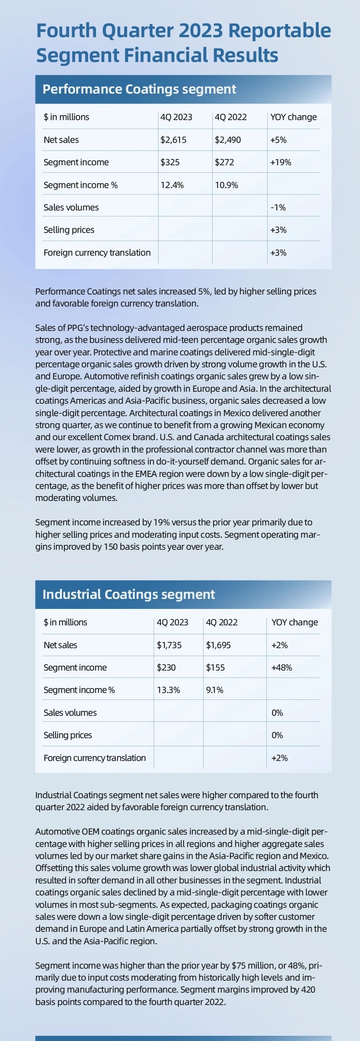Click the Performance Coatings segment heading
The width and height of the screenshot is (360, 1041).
pyautogui.click(x=139, y=89)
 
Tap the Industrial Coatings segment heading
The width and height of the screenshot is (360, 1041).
pyautogui.click(x=128, y=594)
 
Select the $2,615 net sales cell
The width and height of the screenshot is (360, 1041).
pyautogui.click(x=173, y=140)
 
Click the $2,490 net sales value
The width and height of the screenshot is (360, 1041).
pyautogui.click(x=228, y=140)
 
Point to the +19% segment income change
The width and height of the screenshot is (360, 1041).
pyautogui.click(x=280, y=162)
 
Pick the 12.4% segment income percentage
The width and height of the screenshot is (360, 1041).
pyautogui.click(x=172, y=185)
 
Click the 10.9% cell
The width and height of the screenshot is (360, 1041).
pyautogui.click(x=226, y=185)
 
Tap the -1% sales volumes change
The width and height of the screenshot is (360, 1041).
pyautogui.click(x=278, y=207)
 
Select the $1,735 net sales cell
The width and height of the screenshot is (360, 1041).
pyautogui.click(x=169, y=645)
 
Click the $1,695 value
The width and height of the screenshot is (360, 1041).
pyautogui.click(x=218, y=645)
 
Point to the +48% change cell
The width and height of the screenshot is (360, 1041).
pyautogui.click(x=282, y=667)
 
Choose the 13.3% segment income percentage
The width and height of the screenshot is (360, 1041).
pyautogui.click(x=168, y=690)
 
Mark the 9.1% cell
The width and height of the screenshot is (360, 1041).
pyautogui.click(x=214, y=690)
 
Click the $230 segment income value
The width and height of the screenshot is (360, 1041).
pyautogui.click(x=166, y=667)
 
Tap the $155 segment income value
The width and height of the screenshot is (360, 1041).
pyautogui.click(x=215, y=667)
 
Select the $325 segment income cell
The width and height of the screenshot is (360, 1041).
pyautogui.click(x=170, y=162)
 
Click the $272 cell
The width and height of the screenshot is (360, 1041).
pyautogui.click(x=224, y=162)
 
